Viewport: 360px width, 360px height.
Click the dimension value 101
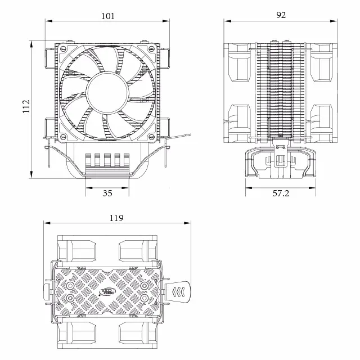(107, 15)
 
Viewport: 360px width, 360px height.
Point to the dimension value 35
(107, 193)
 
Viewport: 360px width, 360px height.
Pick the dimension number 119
(116, 218)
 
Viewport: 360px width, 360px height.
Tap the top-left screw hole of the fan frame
(62, 49)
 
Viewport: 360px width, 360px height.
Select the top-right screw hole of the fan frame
(151, 49)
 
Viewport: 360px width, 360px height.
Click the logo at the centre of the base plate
(107, 291)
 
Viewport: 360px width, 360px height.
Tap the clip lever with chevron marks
(180, 291)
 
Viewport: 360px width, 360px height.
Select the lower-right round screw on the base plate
(144, 298)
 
